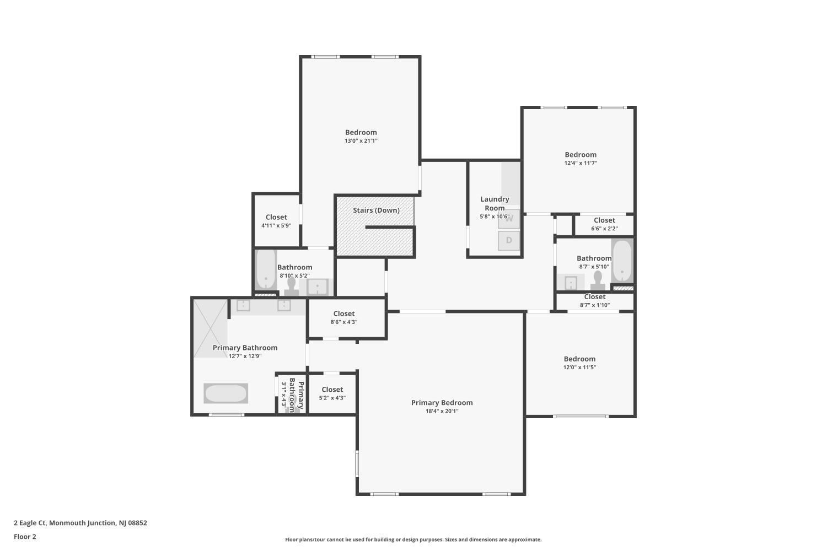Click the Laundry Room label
point(495,203)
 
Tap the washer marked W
point(509,219)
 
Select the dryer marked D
point(509,241)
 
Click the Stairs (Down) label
point(376,210)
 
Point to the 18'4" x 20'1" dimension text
point(442,411)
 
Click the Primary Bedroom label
point(442,403)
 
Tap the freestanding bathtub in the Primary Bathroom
point(226,393)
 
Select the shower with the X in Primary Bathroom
point(211,328)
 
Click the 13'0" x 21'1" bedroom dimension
point(361,141)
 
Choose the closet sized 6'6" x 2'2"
point(604,224)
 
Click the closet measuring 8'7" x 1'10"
point(595,301)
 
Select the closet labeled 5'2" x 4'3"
point(332,393)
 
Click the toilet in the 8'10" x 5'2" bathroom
point(291,287)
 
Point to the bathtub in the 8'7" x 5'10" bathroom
point(622,261)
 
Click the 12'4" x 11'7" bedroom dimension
point(581,163)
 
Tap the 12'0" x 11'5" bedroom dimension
point(579,367)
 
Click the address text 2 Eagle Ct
point(30,523)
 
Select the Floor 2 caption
point(25,537)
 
